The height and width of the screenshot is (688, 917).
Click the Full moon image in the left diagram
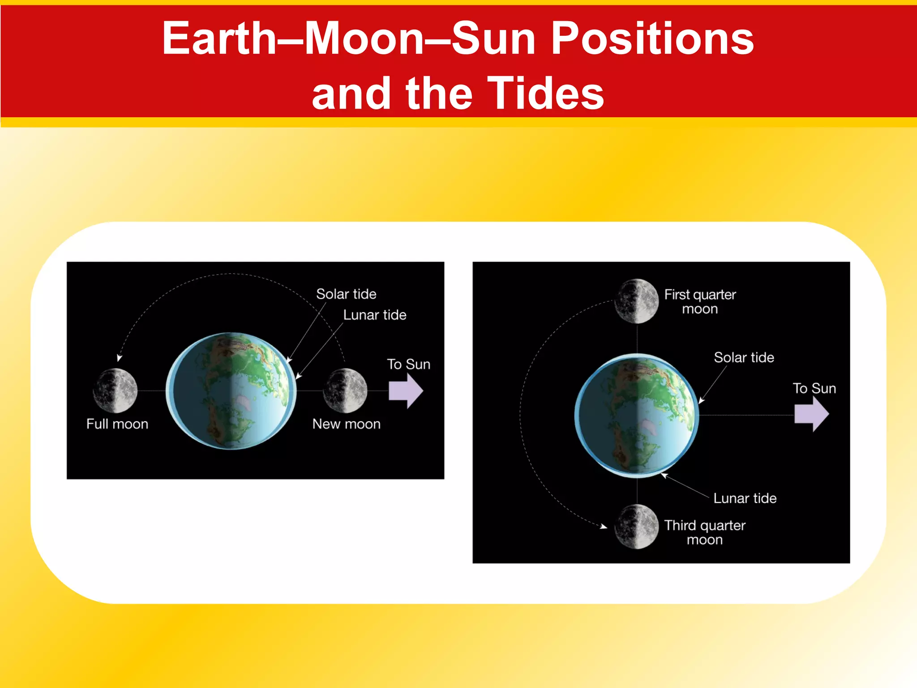tap(115, 391)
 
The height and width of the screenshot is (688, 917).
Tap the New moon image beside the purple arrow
tap(345, 391)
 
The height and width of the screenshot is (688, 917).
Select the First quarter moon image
tap(636, 301)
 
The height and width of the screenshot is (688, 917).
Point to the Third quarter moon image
tap(636, 527)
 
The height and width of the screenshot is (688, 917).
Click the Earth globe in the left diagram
tap(231, 391)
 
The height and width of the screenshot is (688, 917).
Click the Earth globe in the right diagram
tap(637, 415)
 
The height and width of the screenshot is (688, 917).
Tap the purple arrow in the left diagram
tap(405, 391)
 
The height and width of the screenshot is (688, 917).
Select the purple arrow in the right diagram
tap(811, 415)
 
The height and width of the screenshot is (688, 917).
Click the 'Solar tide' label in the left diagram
tap(346, 294)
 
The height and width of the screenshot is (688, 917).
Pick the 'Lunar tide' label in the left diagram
tap(375, 315)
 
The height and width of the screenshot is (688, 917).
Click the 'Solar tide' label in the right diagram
tap(744, 357)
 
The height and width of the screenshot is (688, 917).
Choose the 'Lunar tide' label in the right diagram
tap(745, 498)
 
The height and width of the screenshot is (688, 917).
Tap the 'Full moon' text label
tap(117, 424)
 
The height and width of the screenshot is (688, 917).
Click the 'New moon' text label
tap(347, 424)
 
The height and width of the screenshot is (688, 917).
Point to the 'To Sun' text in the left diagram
tap(408, 364)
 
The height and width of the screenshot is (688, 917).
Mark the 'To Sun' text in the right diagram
tap(814, 388)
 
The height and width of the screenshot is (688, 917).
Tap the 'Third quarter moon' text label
tap(705, 532)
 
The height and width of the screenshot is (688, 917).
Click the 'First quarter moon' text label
tap(700, 301)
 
